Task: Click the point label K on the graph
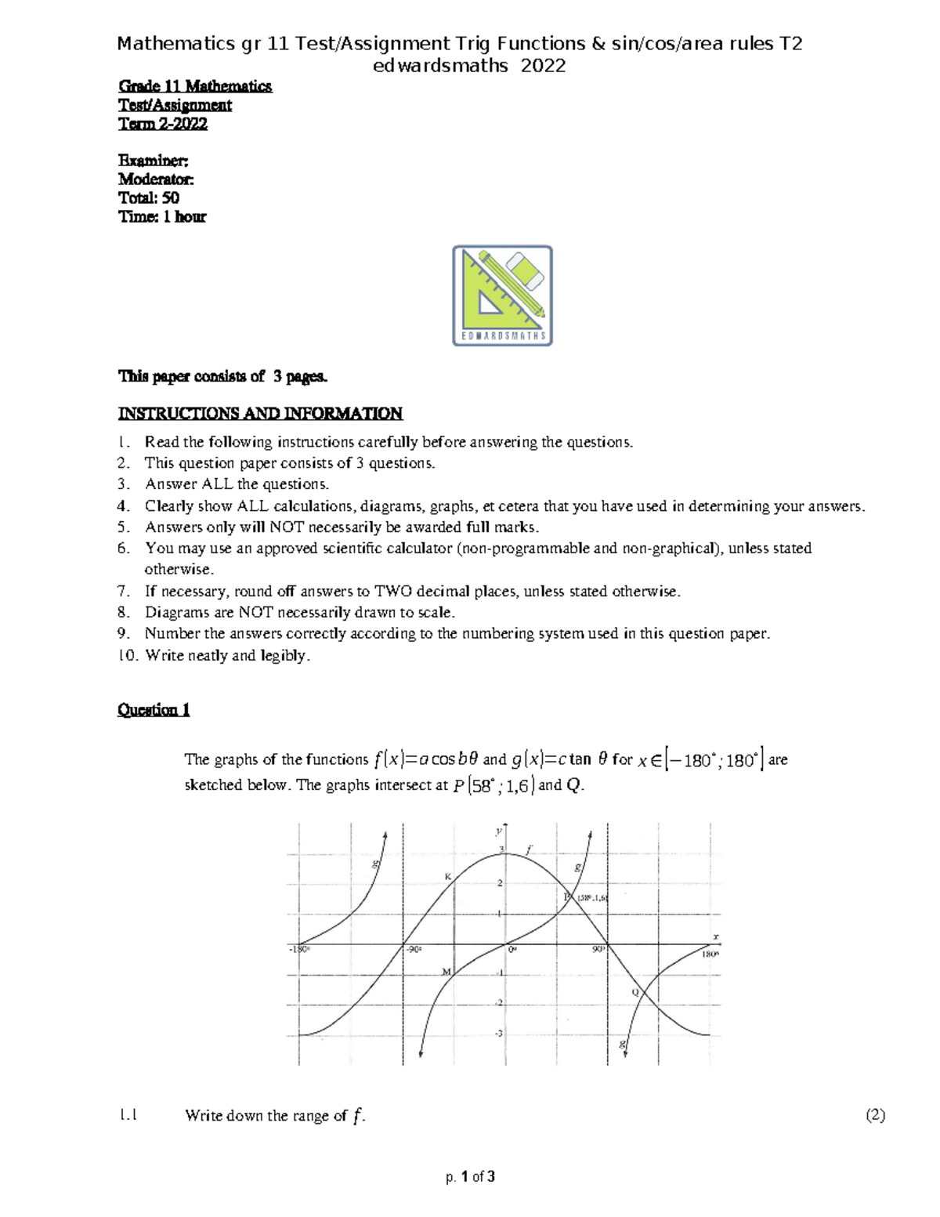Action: click(448, 876)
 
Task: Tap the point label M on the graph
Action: click(446, 972)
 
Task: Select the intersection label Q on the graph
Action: click(635, 992)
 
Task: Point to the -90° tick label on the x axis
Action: click(414, 949)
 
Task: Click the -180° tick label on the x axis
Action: click(299, 949)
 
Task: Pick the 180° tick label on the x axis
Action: click(710, 955)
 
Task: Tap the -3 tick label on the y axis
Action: click(498, 1034)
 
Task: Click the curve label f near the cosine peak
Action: click(530, 849)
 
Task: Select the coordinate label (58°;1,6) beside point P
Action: click(592, 898)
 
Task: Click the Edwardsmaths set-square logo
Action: click(502, 295)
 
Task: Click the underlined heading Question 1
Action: click(154, 710)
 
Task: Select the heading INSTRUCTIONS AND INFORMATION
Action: click(259, 413)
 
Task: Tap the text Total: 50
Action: click(148, 197)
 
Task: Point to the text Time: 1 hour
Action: click(161, 217)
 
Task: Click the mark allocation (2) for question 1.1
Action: click(875, 1115)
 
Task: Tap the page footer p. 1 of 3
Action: click(470, 1176)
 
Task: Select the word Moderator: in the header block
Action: click(155, 179)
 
